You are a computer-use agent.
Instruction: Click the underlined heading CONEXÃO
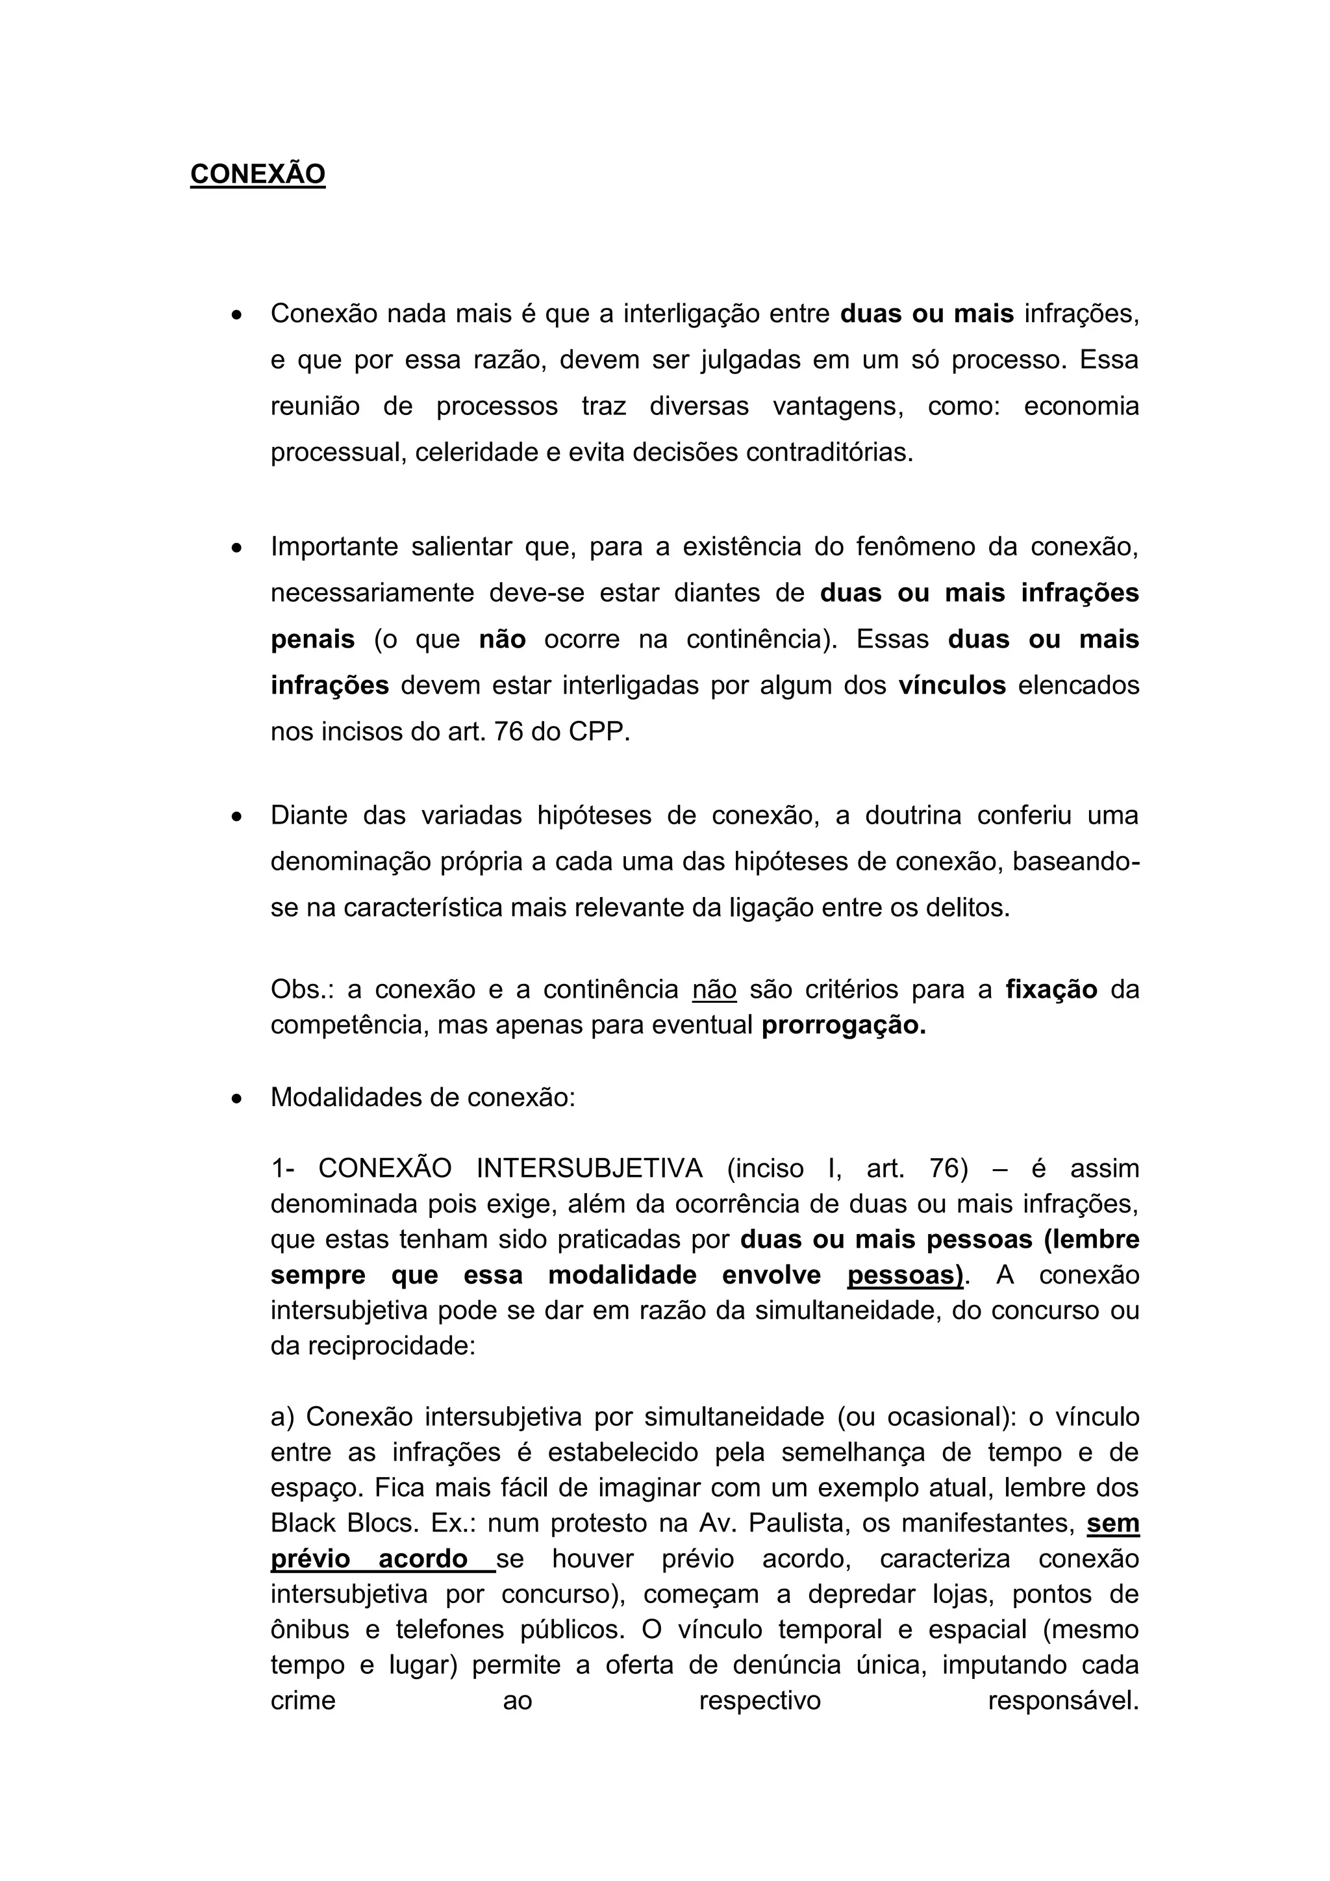(x=257, y=175)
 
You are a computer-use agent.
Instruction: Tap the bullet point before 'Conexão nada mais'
(x=236, y=314)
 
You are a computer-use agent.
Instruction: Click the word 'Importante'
(x=334, y=546)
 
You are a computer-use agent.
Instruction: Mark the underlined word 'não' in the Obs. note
(x=714, y=990)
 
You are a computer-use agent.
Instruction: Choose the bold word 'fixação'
(x=1051, y=990)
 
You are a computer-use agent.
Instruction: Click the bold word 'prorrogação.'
(x=844, y=1026)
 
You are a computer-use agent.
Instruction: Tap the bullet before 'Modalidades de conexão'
(x=236, y=1098)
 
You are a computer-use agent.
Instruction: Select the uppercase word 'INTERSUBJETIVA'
(x=589, y=1168)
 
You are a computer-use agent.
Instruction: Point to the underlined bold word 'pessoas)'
(x=905, y=1276)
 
